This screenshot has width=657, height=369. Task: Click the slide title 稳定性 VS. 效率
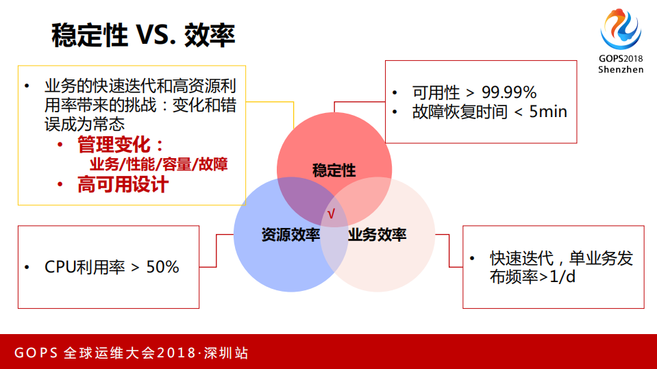(x=143, y=36)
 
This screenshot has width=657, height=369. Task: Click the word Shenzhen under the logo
(x=621, y=69)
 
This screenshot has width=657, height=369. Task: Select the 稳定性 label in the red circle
(x=334, y=170)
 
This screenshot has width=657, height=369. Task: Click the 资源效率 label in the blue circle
(x=290, y=235)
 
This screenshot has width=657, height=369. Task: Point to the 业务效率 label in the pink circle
(x=377, y=235)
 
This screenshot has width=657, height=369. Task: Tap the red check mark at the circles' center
(x=331, y=214)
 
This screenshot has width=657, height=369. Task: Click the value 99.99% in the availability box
(x=509, y=92)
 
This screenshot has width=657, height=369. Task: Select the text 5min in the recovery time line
(x=549, y=112)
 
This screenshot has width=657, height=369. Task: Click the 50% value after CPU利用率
(x=162, y=266)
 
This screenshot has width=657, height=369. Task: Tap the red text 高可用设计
(x=123, y=185)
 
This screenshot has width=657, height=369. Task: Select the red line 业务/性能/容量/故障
(x=158, y=164)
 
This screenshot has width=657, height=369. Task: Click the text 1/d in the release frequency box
(x=560, y=277)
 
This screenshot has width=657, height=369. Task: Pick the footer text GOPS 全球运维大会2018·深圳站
(x=132, y=353)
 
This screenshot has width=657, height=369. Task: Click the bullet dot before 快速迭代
(x=472, y=259)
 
